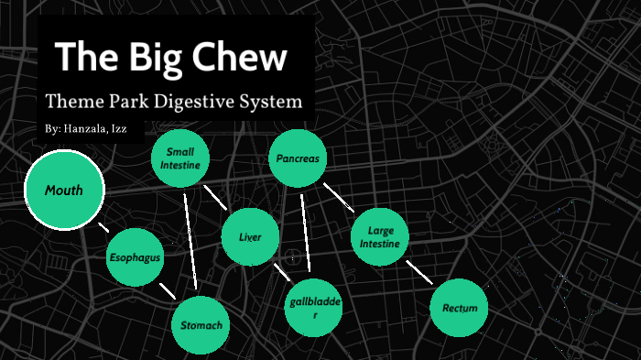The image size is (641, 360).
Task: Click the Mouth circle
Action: click(64, 191)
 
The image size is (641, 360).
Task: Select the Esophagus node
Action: click(136, 257)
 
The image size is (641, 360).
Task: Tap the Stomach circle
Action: click(201, 325)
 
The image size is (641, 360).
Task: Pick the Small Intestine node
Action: click(180, 158)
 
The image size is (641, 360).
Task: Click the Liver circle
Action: click(250, 237)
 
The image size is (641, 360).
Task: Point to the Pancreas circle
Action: click(298, 158)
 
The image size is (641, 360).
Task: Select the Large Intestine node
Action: click(379, 237)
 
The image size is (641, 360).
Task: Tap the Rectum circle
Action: click(459, 308)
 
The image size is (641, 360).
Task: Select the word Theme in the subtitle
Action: click(71, 101)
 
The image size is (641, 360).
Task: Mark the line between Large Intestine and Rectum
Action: click(418, 271)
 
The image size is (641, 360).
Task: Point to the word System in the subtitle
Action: click(274, 101)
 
